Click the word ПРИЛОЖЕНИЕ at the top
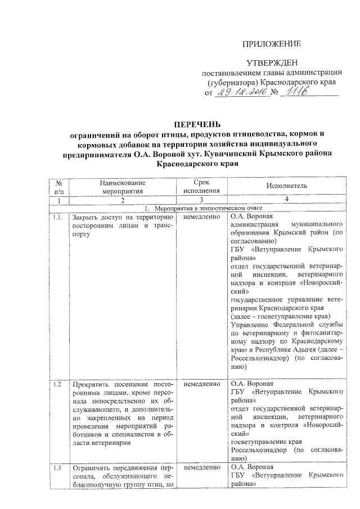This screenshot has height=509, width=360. [272, 44]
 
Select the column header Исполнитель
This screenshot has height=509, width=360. [286, 186]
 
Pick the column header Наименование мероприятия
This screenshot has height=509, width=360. [123, 186]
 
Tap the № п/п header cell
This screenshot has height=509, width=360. [58, 186]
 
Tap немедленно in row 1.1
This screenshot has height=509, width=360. [201, 217]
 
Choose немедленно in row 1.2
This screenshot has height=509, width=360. [201, 384]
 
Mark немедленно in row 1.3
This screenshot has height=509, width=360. [201, 467]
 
